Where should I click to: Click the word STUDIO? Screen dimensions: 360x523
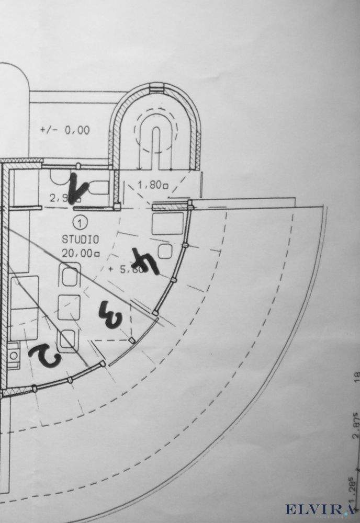[81, 240]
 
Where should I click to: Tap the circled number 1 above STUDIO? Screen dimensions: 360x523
[80, 224]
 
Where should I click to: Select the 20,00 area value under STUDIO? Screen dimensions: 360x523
[81, 253]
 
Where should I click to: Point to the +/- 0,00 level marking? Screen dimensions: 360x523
[64, 130]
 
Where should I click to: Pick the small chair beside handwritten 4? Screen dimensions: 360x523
[166, 252]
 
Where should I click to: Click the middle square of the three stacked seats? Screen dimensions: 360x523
[69, 307]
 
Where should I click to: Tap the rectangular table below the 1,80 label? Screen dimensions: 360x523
[167, 223]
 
